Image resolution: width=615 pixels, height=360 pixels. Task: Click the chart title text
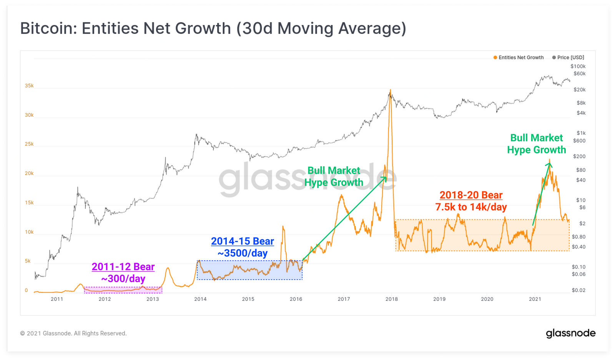(x=213, y=29)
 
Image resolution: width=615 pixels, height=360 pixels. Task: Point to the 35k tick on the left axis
(x=29, y=86)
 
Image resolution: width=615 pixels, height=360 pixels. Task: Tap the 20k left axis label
(x=29, y=173)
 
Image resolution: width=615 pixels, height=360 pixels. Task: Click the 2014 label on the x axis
(x=200, y=299)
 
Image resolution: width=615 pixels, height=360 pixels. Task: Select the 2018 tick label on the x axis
(x=392, y=299)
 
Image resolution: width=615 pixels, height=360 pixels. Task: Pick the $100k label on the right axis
(x=578, y=66)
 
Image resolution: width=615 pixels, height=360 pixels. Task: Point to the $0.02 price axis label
(x=578, y=290)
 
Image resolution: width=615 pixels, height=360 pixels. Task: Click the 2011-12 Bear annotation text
(x=123, y=267)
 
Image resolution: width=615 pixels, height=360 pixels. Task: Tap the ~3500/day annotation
(x=243, y=253)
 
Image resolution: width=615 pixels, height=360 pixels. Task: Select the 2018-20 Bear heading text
(x=471, y=195)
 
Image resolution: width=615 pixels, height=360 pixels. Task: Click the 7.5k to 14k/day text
(x=471, y=207)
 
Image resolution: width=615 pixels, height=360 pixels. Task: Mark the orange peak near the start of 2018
(x=390, y=90)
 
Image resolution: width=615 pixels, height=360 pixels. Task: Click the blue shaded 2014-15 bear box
(x=249, y=270)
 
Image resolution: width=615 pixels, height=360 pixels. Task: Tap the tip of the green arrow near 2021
(x=550, y=163)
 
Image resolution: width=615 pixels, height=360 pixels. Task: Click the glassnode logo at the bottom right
(x=570, y=333)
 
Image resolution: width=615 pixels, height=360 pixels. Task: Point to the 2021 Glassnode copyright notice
(x=73, y=333)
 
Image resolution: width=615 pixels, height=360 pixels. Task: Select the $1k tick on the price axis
(x=581, y=133)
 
